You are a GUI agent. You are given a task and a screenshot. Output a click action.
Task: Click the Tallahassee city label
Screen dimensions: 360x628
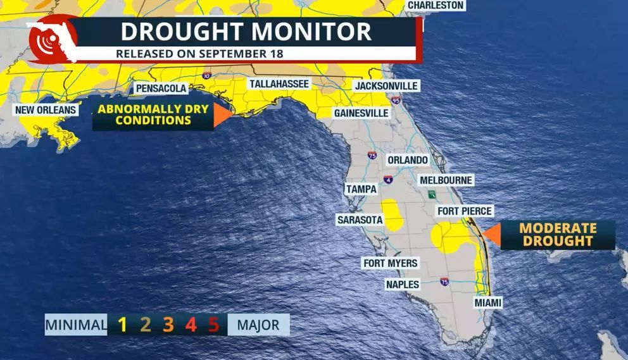tap(279, 84)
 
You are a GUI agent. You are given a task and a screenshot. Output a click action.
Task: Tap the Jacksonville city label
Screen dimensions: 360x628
tap(386, 85)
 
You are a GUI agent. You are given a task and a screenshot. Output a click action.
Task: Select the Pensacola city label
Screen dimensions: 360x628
tap(161, 89)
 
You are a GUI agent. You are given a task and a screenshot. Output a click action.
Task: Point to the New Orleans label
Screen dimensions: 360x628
tap(46, 110)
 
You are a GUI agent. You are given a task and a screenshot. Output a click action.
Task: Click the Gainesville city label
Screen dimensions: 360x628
tap(361, 113)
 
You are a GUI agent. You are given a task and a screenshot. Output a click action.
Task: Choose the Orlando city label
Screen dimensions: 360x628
tap(408, 160)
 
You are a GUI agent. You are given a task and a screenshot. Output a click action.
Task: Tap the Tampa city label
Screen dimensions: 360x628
tap(361, 189)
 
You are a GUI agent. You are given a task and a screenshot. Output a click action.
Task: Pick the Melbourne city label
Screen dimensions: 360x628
tap(446, 180)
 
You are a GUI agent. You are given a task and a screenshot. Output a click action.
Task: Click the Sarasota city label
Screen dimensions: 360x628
tap(360, 219)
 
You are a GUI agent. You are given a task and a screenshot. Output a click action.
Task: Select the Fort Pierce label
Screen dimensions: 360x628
tap(465, 211)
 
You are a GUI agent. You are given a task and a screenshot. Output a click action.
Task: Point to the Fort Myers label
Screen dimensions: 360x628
tap(390, 263)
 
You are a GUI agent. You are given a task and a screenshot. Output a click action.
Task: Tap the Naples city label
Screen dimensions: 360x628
tap(403, 285)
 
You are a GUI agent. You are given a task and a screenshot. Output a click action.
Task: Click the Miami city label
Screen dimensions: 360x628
tap(488, 303)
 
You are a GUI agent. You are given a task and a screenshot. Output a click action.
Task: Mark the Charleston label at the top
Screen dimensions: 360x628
tap(436, 5)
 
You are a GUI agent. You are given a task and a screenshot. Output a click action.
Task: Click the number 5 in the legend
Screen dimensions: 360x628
tap(213, 325)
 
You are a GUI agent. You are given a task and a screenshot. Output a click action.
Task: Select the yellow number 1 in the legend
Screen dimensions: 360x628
tap(123, 325)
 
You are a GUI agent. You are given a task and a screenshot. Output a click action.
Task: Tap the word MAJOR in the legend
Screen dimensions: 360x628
tap(258, 325)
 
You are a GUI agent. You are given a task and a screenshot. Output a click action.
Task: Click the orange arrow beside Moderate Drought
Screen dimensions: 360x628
tap(491, 235)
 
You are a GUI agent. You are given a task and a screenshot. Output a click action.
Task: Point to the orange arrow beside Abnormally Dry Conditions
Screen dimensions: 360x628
tap(222, 116)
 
